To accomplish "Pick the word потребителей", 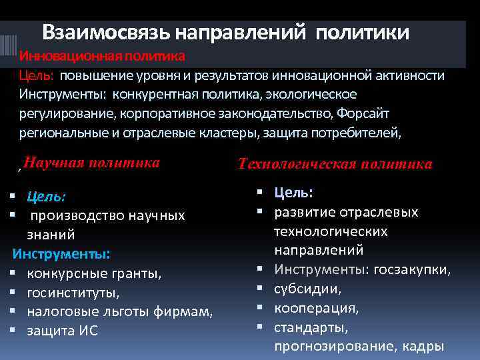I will (x=348, y=132).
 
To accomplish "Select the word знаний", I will (x=51, y=235).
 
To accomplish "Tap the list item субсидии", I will (x=307, y=289).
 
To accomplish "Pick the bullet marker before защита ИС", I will (x=13, y=331).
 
